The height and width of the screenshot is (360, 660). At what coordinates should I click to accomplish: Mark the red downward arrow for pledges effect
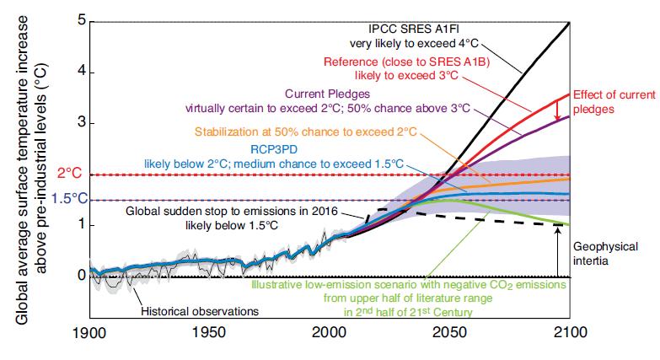click(557, 108)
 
